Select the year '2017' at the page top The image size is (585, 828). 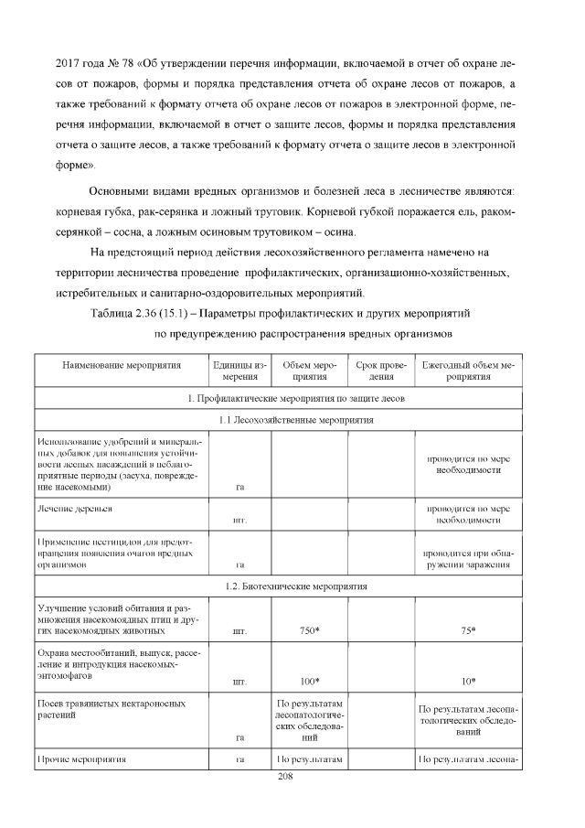click(x=70, y=64)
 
